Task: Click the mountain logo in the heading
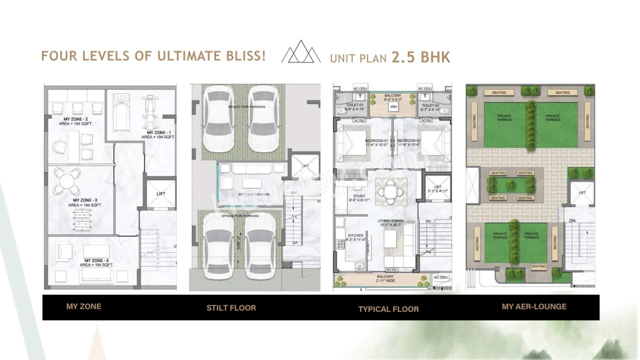[x=301, y=52]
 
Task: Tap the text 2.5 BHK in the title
[x=421, y=57]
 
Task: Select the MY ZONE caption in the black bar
[x=83, y=306]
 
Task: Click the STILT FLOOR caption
[x=231, y=307]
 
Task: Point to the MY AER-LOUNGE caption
[x=534, y=306]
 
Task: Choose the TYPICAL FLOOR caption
[x=388, y=309]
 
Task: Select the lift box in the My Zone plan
[x=160, y=193]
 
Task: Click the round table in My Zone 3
[x=67, y=181]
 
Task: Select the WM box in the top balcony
[x=393, y=106]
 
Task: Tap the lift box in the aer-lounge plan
[x=582, y=193]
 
